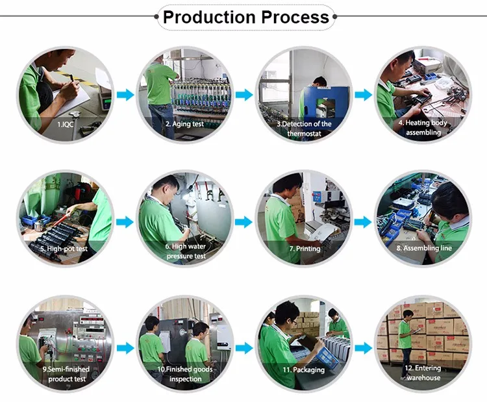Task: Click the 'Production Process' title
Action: [246, 17]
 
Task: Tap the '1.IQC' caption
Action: [66, 123]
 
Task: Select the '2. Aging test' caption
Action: [184, 123]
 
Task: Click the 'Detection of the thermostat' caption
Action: [304, 128]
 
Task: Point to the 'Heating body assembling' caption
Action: [423, 127]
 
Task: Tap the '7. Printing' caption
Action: [304, 248]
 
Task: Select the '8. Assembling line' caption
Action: [423, 248]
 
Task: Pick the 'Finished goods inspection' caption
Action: [185, 374]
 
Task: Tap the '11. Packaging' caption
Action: [304, 370]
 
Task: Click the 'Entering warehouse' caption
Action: [423, 373]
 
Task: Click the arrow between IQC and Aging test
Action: [125, 95]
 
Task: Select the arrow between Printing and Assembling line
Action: [364, 221]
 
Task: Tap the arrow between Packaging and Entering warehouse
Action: [364, 348]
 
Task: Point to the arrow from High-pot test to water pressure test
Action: [125, 221]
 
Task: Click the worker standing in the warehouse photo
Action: [406, 336]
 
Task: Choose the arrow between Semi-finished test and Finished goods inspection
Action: [125, 348]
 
